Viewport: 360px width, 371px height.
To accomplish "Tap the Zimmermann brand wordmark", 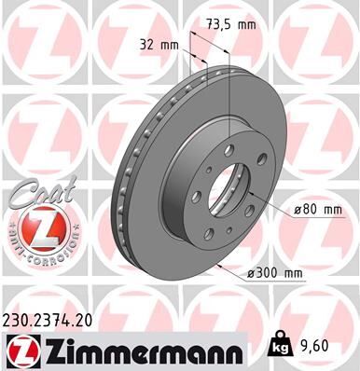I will tap(140, 349).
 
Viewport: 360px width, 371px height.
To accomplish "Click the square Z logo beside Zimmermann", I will tap(20, 350).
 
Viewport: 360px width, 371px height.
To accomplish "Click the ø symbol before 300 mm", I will tap(252, 272).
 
